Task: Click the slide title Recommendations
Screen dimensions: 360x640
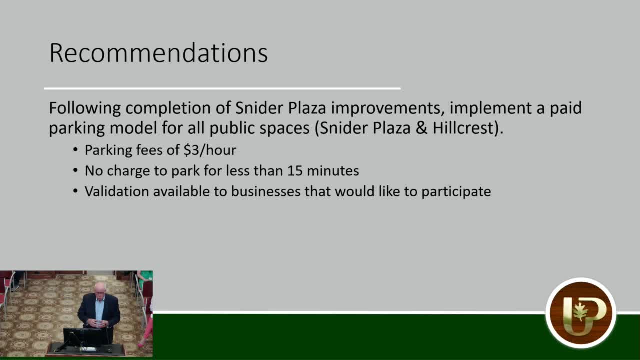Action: click(158, 53)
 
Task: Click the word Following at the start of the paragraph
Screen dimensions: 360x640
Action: click(85, 108)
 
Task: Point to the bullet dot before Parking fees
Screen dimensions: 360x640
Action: click(75, 150)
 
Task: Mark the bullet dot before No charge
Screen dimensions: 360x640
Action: click(75, 171)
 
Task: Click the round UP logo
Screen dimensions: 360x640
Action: click(580, 313)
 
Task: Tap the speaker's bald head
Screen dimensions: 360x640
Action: click(100, 288)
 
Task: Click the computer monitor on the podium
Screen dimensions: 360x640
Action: click(82, 337)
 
